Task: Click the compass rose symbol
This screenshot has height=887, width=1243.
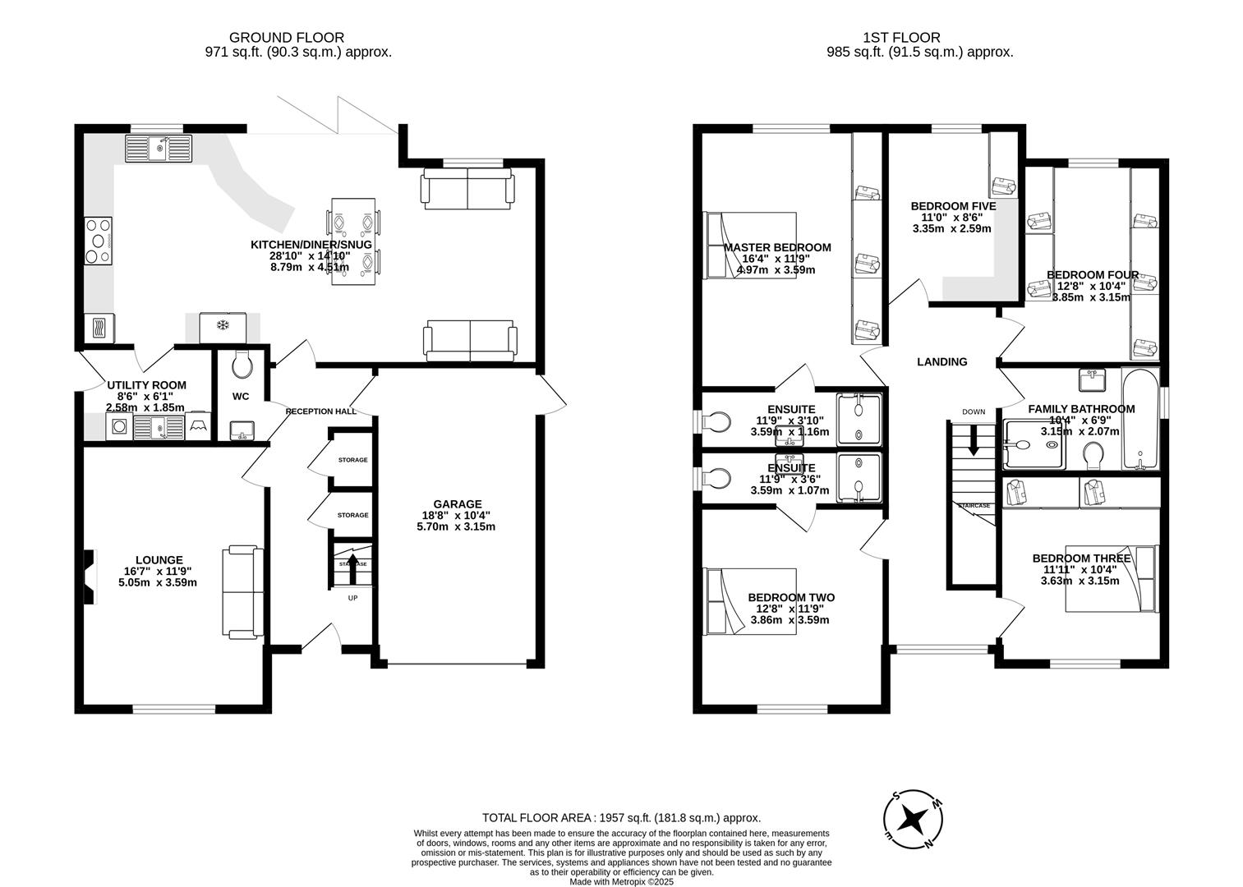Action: point(913,820)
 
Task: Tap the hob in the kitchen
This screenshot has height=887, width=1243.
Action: point(99,241)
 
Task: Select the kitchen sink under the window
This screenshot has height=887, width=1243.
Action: point(157,149)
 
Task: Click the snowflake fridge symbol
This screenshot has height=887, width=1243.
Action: point(222,326)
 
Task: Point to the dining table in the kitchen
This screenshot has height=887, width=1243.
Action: point(354,241)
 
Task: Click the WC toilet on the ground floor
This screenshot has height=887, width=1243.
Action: point(242,364)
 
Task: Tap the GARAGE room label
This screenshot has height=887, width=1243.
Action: point(458,504)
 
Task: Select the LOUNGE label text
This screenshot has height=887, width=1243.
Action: point(159,560)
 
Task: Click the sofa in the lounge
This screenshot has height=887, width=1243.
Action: point(243,592)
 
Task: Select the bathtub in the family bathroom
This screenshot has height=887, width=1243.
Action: point(1140,420)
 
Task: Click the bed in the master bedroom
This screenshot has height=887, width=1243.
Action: point(750,246)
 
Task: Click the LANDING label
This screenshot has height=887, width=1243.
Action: point(941,361)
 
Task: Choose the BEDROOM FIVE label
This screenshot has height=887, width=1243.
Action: point(953,206)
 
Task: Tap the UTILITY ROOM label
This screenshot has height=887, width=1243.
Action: point(146,385)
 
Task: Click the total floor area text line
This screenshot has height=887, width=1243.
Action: point(621,818)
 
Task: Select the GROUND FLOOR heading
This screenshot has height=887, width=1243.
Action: point(286,37)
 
